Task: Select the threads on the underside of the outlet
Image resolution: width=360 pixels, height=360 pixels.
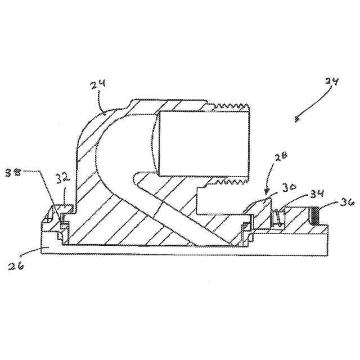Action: (x=228, y=182)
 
